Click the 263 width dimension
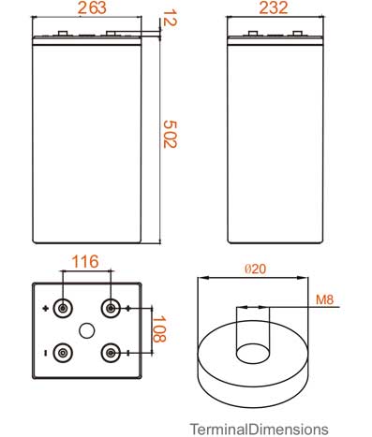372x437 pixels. [x=92, y=7]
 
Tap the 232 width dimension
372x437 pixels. [x=274, y=7]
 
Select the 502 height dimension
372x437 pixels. [x=171, y=135]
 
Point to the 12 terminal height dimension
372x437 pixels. [x=171, y=18]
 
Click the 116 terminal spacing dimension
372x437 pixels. [x=85, y=261]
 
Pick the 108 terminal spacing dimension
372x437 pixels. [x=159, y=328]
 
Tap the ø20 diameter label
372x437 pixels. [x=256, y=269]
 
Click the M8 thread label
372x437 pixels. [x=325, y=299]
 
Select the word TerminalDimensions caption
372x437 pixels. [x=260, y=430]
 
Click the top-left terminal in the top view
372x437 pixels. [x=63, y=309]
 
